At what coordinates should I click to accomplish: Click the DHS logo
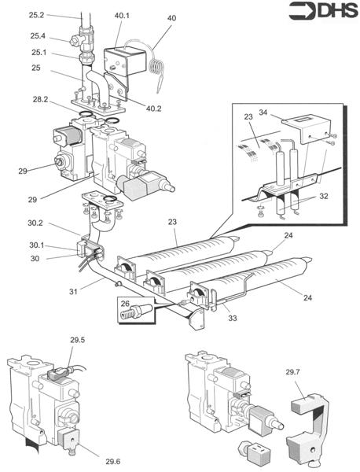(323, 11)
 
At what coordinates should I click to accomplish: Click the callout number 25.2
(36, 15)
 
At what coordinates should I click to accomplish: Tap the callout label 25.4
(38, 36)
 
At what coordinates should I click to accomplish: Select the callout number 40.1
(122, 16)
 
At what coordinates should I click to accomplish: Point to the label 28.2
(40, 99)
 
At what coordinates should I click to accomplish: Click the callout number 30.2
(35, 223)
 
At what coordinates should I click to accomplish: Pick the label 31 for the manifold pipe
(73, 291)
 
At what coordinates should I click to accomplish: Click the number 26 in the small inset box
(125, 303)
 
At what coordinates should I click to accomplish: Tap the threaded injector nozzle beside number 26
(136, 311)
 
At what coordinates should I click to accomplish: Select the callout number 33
(233, 318)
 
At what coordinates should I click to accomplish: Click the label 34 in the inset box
(263, 112)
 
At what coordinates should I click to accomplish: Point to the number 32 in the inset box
(324, 196)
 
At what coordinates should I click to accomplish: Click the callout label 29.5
(78, 340)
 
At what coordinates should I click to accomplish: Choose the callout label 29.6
(113, 461)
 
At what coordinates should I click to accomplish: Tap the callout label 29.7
(292, 372)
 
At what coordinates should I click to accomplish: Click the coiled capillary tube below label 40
(156, 67)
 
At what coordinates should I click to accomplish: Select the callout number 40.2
(154, 109)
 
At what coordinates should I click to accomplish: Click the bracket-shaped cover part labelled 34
(307, 130)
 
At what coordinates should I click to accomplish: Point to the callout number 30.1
(36, 245)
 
